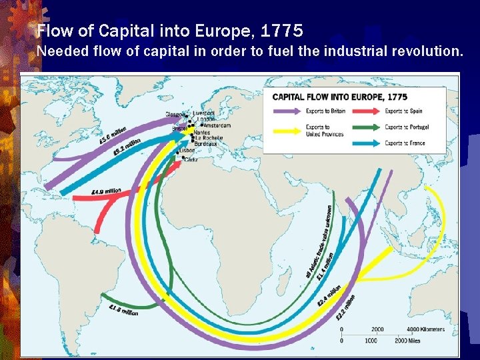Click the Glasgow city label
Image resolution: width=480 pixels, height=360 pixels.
[x=174, y=114]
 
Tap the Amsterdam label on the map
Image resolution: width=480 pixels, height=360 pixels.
[x=217, y=125]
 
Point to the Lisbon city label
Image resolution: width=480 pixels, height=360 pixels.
[x=187, y=151]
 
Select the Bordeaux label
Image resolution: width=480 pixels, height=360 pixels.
[x=205, y=144]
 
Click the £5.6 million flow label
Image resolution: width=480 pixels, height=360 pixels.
[x=112, y=135]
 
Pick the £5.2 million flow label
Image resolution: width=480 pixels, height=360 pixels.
[x=127, y=146]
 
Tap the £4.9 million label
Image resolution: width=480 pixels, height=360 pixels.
[x=106, y=191]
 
